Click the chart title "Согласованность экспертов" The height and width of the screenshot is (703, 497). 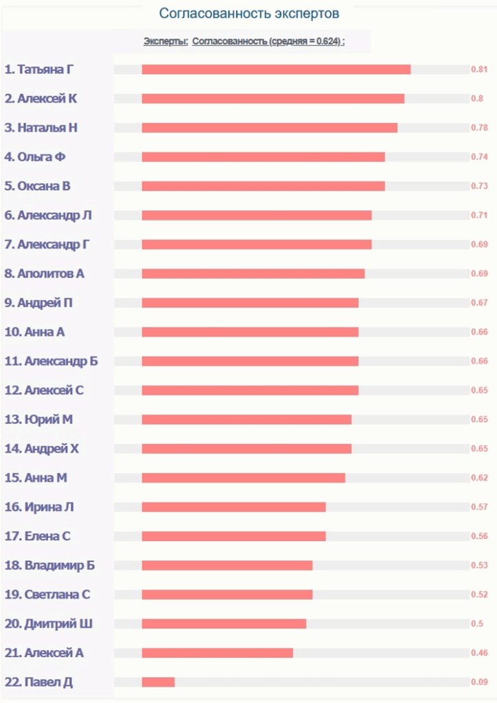(249, 14)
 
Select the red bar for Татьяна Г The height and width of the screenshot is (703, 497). (276, 69)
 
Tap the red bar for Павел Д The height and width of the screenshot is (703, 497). (158, 682)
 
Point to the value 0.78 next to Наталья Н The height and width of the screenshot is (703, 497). (479, 128)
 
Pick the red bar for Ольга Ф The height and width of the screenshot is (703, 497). (263, 157)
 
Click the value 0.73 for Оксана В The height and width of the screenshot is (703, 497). (479, 186)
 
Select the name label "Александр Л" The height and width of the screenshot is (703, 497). (54, 216)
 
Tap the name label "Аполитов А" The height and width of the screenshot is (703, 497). (51, 274)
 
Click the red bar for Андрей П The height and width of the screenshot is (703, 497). (250, 303)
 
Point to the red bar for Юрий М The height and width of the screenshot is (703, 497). (247, 419)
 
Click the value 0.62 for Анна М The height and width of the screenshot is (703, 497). (479, 478)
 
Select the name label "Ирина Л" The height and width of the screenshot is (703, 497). (49, 507)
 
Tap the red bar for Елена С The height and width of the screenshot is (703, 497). (234, 536)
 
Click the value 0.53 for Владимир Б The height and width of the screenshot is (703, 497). (479, 566)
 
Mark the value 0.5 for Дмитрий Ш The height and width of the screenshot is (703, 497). (476, 624)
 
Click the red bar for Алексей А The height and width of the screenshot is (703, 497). (217, 653)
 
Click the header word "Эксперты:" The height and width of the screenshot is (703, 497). (166, 41)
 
